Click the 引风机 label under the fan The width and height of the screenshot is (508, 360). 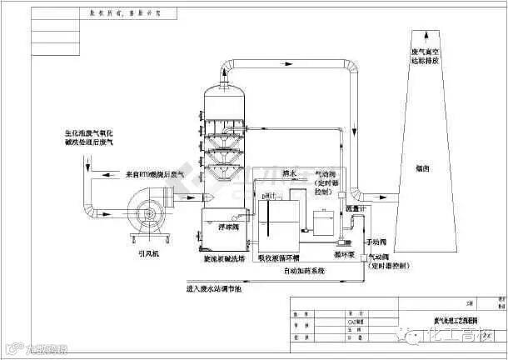(149, 256)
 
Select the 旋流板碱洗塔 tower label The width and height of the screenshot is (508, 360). (225, 258)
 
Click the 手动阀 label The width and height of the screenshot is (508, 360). (376, 236)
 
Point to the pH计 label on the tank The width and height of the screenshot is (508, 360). (268, 195)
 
